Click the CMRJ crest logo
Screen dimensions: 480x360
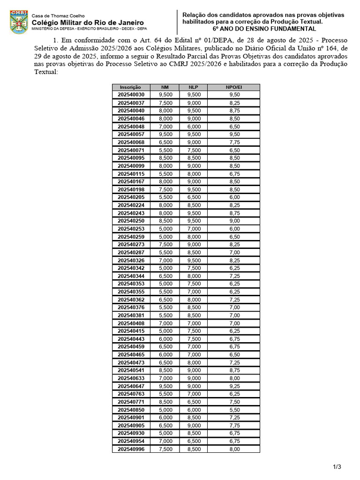[19, 22]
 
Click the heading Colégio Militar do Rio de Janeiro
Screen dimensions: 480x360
[88, 22]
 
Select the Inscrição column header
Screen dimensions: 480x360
[131, 87]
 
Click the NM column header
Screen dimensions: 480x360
[165, 87]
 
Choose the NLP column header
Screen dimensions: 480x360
[194, 87]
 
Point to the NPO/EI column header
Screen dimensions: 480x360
[234, 87]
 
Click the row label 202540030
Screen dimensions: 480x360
[131, 95]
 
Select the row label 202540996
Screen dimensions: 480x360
[131, 449]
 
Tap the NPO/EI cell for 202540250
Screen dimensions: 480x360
[234, 221]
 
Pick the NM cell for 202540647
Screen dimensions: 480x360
[165, 386]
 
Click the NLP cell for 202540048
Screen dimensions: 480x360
[194, 127]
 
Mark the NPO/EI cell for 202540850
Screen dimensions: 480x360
[234, 410]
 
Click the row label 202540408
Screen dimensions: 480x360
[131, 323]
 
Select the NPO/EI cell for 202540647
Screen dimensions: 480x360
[234, 386]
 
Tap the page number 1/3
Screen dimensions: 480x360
[337, 466]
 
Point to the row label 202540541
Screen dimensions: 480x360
[131, 370]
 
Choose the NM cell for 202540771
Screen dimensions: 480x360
[165, 402]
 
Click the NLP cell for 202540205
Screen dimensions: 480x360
[194, 197]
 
